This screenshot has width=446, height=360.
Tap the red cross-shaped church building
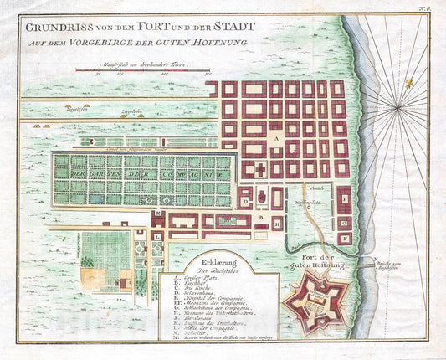(259, 170)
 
